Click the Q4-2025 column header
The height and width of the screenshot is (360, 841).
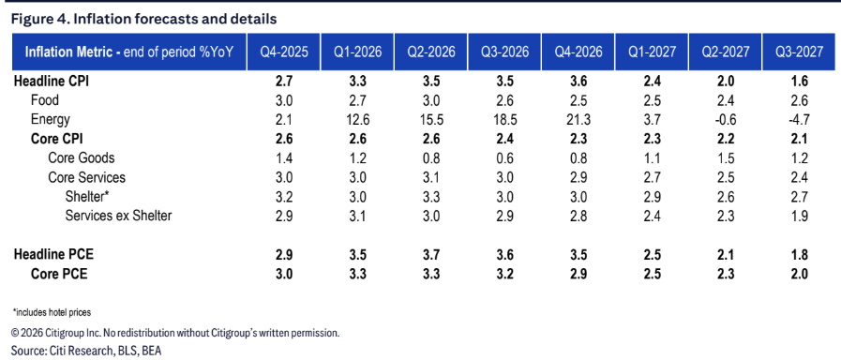[x=284, y=52]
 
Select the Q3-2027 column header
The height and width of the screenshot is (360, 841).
[x=799, y=52]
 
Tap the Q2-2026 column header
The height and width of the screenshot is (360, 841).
[x=431, y=52]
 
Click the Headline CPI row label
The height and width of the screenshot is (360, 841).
[x=47, y=82]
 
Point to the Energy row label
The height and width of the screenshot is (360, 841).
[x=51, y=120]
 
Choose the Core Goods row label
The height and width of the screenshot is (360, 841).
[x=81, y=158]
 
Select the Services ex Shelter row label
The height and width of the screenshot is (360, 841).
[x=118, y=216]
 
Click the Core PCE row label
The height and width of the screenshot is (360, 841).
[x=59, y=274]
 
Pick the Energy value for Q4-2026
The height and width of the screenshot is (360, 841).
[x=578, y=120]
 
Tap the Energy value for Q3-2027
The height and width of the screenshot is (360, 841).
[x=799, y=120]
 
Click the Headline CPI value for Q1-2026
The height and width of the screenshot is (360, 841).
[x=358, y=82]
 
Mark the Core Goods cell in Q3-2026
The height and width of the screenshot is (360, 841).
[x=504, y=158]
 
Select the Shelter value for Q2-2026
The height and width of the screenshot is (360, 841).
[x=431, y=196]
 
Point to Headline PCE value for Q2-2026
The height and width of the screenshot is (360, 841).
[x=431, y=254]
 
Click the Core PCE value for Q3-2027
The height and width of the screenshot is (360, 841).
[x=799, y=274]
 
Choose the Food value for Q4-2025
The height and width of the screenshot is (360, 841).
[x=284, y=100]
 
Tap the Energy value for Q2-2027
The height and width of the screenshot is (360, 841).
[x=726, y=120]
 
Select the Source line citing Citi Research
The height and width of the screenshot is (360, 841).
[x=86, y=351]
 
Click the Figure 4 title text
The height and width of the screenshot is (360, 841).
[x=143, y=20]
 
